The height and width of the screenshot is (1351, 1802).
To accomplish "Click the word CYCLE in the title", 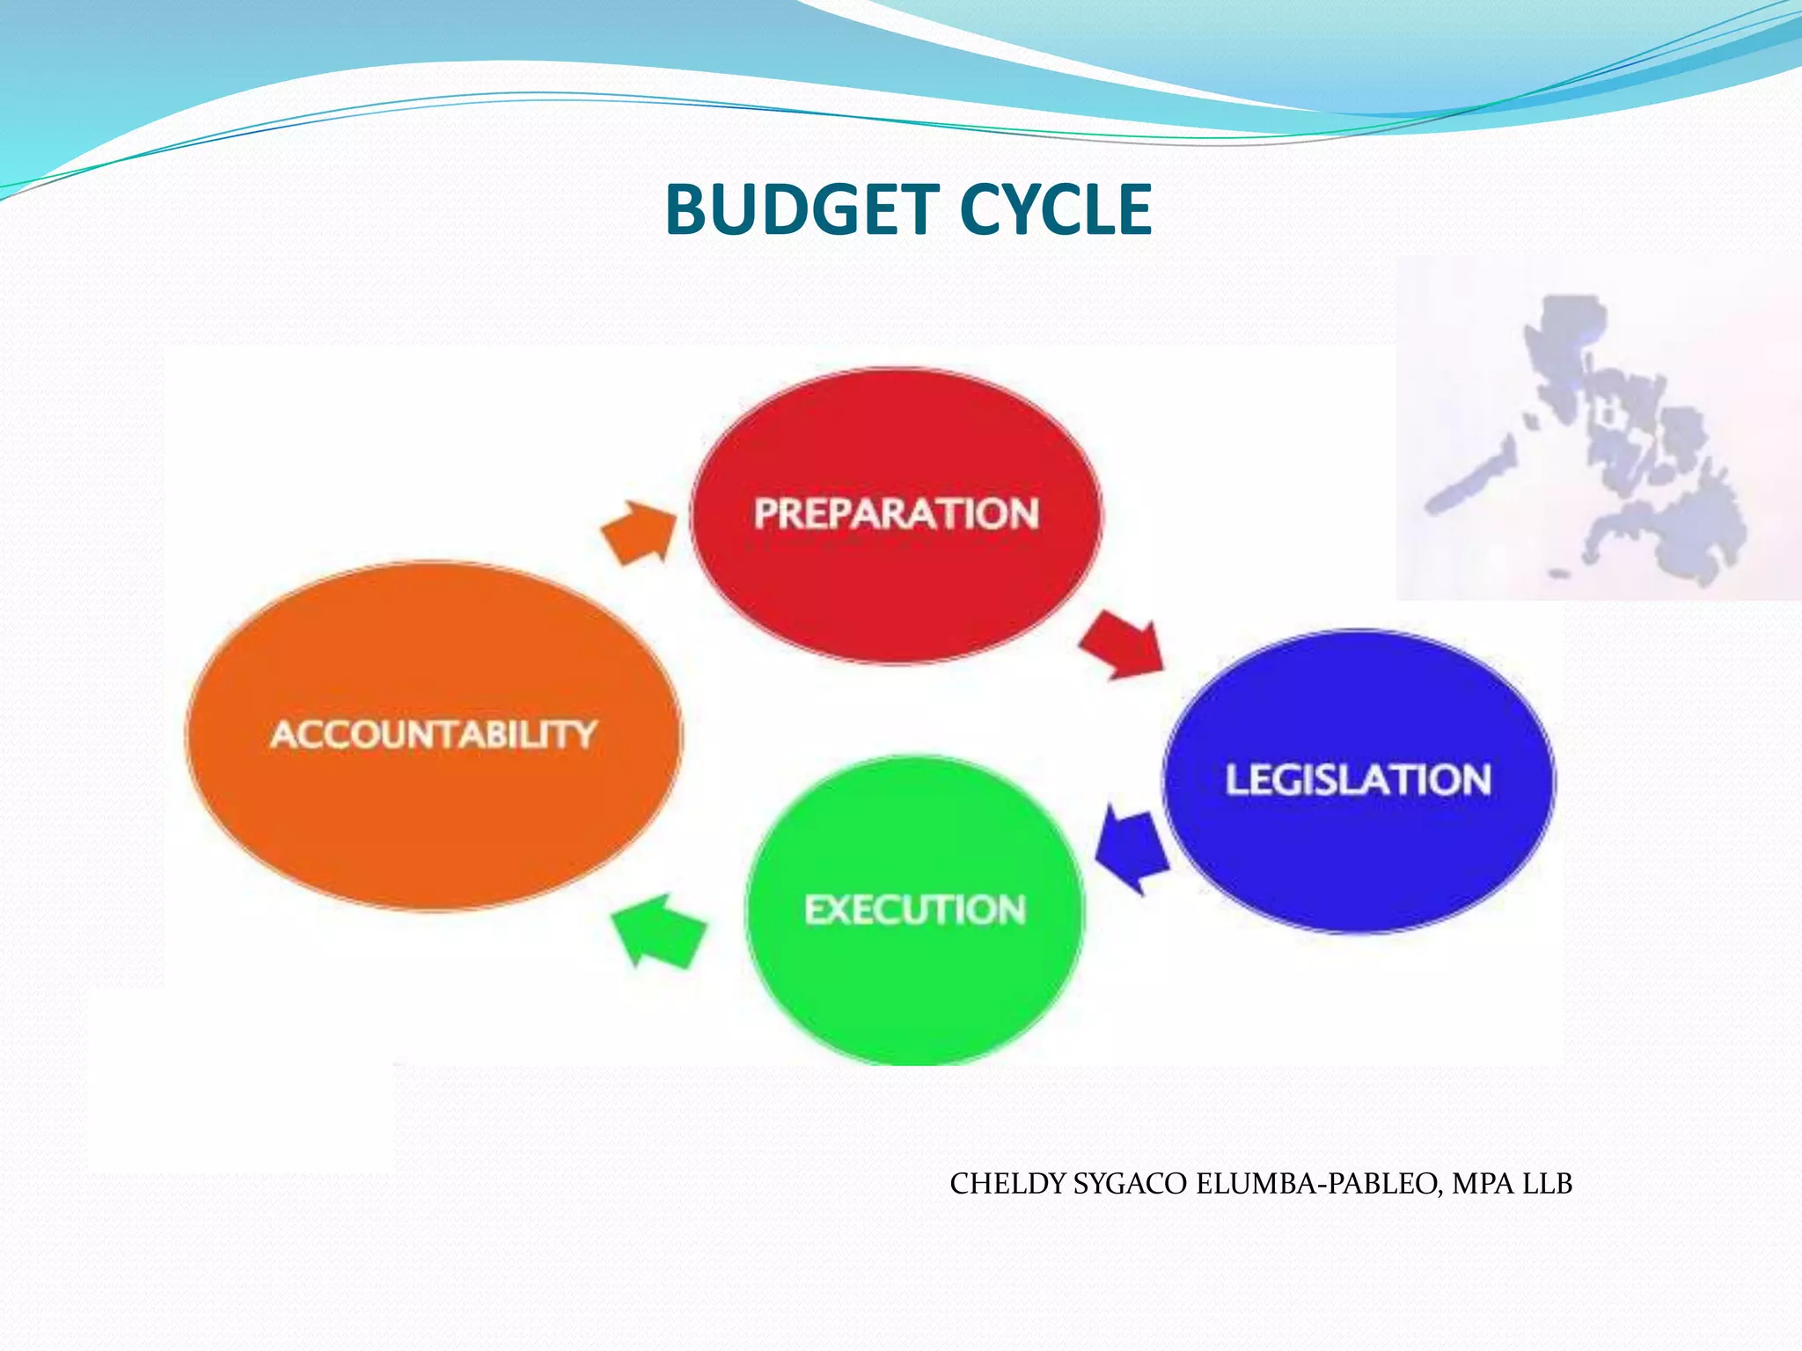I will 1054,210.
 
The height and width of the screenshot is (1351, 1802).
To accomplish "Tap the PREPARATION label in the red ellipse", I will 896,514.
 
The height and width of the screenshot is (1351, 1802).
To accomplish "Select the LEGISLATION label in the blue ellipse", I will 1358,779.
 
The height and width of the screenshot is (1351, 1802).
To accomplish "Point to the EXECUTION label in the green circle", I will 915,909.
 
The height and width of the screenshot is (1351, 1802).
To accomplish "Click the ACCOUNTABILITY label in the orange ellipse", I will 434,734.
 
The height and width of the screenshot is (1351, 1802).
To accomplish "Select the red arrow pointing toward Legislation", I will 1121,646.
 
